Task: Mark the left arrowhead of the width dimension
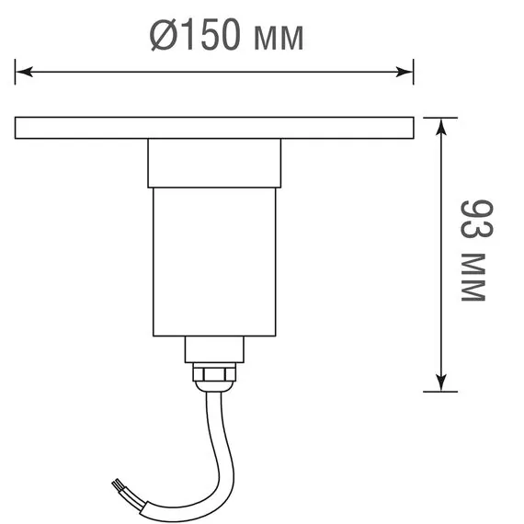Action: [x=24, y=70]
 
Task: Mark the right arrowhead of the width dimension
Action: [x=404, y=70]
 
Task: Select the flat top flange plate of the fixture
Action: [x=213, y=128]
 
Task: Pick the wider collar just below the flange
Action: [x=212, y=163]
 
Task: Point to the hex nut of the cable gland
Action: [x=212, y=373]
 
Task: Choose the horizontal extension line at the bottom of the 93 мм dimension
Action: [x=439, y=391]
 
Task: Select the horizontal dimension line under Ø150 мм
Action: [x=213, y=70]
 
